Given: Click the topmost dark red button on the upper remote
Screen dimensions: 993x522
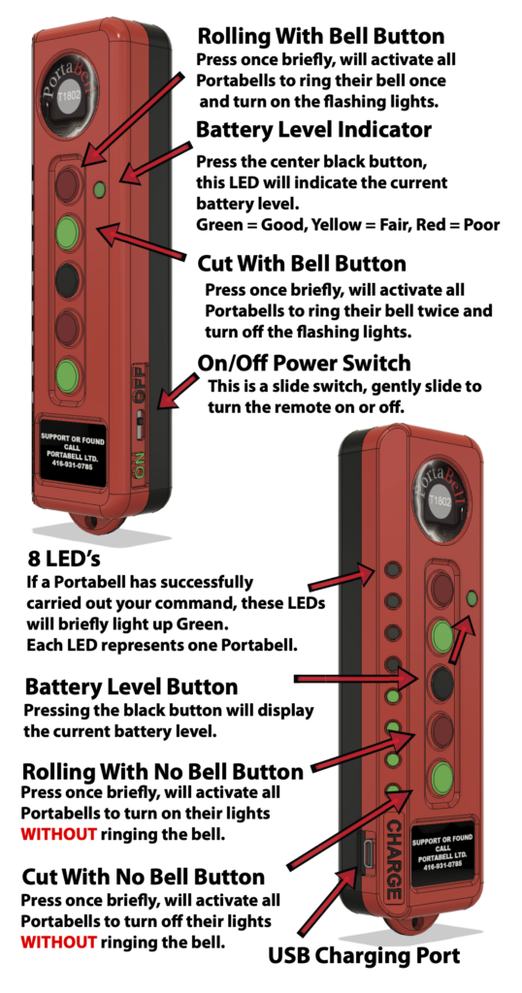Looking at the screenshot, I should [x=68, y=182].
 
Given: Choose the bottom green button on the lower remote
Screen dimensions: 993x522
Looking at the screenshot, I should [x=442, y=777].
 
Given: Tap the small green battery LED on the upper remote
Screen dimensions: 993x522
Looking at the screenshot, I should [x=99, y=190].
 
